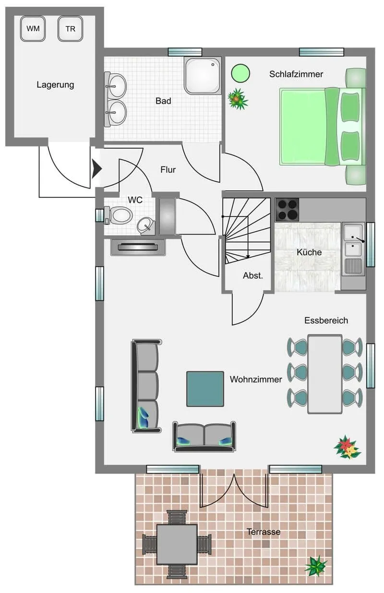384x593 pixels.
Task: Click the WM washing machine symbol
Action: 33,29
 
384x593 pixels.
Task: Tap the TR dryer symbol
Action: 71,29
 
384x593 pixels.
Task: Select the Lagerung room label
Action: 55,85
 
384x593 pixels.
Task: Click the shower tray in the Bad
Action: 203,76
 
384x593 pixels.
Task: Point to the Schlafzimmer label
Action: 296,74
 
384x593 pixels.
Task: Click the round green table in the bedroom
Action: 240,73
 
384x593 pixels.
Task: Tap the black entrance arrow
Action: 96,168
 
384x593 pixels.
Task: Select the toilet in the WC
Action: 119,215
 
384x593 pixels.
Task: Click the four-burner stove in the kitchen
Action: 287,210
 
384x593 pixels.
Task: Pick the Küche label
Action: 309,252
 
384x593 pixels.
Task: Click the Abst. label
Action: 253,275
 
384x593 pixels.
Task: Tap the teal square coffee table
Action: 205,389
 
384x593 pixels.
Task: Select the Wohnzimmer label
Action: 256,380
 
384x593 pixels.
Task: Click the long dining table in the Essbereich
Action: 325,374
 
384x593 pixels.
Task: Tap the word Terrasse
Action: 264,532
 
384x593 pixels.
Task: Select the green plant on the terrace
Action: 316,566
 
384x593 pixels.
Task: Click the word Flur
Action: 168,170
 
